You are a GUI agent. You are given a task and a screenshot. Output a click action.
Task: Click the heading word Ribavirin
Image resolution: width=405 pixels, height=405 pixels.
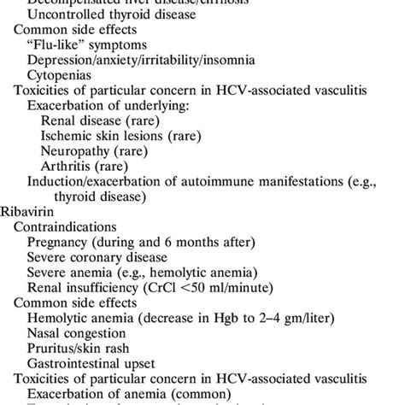tap(27, 208)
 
